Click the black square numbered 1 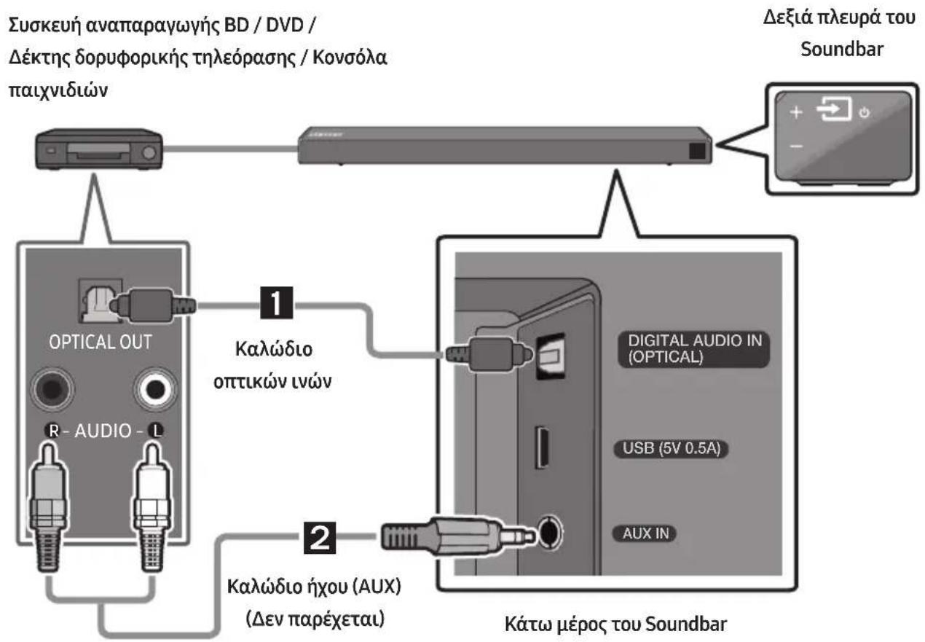(276, 303)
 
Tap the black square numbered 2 (320, 538)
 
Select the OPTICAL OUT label (101, 342)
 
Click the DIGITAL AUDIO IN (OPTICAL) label (693, 349)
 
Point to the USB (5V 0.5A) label (671, 449)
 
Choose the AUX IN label (645, 533)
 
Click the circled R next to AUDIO (53, 431)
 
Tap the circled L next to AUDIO (156, 431)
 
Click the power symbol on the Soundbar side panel (865, 112)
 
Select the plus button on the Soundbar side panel (796, 112)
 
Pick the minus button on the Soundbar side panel (796, 146)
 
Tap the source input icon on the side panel (834, 109)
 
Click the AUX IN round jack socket (550, 533)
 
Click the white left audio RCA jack (156, 389)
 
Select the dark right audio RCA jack (52, 389)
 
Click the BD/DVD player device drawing (98, 149)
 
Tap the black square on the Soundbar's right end (697, 151)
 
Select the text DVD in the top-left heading (285, 26)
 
